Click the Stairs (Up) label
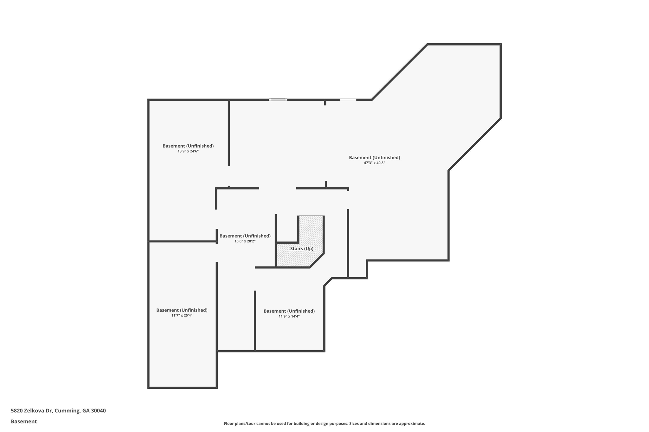pyautogui.click(x=302, y=249)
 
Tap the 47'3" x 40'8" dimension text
pyautogui.click(x=374, y=163)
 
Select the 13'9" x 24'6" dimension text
pyautogui.click(x=188, y=151)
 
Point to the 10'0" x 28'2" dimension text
pyautogui.click(x=245, y=241)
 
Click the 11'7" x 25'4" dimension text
pyautogui.click(x=182, y=316)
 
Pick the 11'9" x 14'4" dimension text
pyautogui.click(x=289, y=316)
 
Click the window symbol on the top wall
pyautogui.click(x=278, y=100)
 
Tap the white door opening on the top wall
pyautogui.click(x=348, y=100)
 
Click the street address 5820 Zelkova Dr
pyautogui.click(x=31, y=411)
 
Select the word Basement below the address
pyautogui.click(x=24, y=422)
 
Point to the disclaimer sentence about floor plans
pyautogui.click(x=324, y=423)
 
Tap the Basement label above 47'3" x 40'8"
pyautogui.click(x=374, y=158)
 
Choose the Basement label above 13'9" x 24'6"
pyautogui.click(x=188, y=146)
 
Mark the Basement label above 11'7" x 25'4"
pyautogui.click(x=182, y=310)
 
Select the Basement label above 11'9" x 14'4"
pyautogui.click(x=289, y=311)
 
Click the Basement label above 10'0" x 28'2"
pyautogui.click(x=245, y=236)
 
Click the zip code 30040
pyautogui.click(x=98, y=411)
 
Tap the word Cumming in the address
pyautogui.click(x=67, y=411)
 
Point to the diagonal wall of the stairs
pyautogui.click(x=317, y=260)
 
